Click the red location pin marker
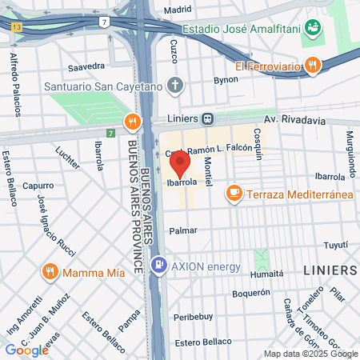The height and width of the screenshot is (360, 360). coord(180,164)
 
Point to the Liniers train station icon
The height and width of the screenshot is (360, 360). coord(207,119)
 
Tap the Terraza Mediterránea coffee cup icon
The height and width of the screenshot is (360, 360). coord(234,192)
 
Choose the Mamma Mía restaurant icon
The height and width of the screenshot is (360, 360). coord(51,272)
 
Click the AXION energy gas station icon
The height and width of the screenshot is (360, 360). coord(160,264)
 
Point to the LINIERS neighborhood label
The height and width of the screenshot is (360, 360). coord(330,271)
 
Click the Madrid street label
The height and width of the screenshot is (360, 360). coord(178,10)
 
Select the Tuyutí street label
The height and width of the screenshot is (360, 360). coord(335,245)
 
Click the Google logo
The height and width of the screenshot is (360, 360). coord(27,350)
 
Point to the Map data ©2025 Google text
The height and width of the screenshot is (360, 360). coord(310,354)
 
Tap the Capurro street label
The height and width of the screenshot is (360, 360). coord(38,185)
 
